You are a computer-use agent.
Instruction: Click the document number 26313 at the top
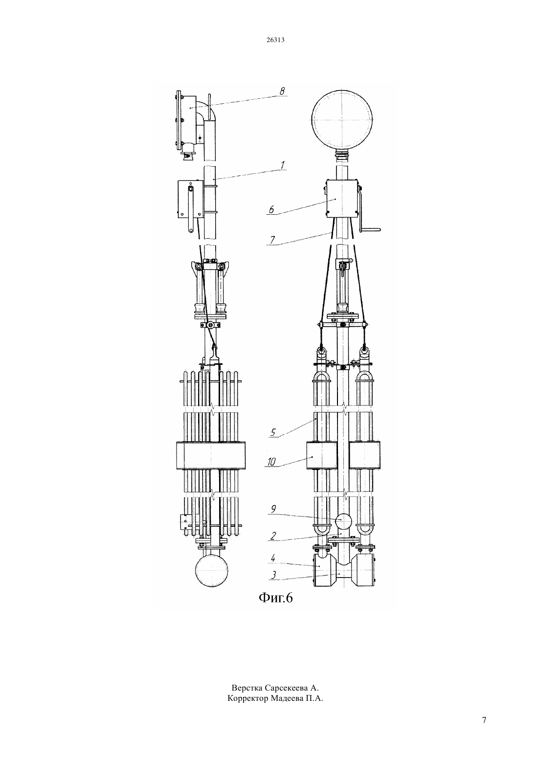(x=275, y=40)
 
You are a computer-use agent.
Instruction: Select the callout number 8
(x=282, y=91)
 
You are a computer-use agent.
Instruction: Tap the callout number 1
(x=282, y=165)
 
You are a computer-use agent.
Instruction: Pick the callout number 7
(x=272, y=240)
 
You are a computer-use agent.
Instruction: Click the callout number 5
(x=273, y=432)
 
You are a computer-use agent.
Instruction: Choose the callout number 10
(x=271, y=462)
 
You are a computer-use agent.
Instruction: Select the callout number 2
(x=273, y=536)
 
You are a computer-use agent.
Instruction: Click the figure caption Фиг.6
(x=275, y=598)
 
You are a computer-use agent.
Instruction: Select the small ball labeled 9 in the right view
(x=344, y=520)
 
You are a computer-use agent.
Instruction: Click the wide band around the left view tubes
(x=211, y=456)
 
